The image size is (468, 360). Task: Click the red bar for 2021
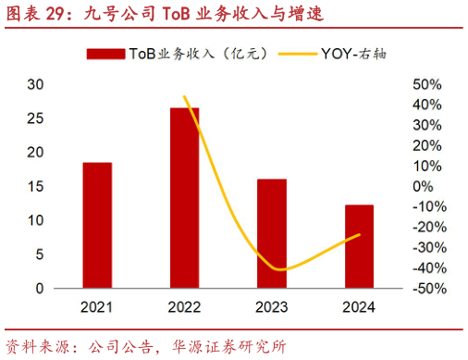[x=97, y=225]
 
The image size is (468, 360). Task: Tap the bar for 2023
[x=272, y=233]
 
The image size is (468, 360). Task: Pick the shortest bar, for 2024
[x=359, y=246]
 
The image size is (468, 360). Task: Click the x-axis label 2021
[x=97, y=307]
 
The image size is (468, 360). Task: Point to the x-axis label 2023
[x=272, y=307]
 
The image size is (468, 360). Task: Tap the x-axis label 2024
[x=359, y=307]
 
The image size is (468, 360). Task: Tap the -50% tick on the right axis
[x=427, y=289]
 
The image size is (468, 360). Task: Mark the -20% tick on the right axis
[x=427, y=227]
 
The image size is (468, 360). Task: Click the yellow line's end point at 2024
[x=359, y=234]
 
